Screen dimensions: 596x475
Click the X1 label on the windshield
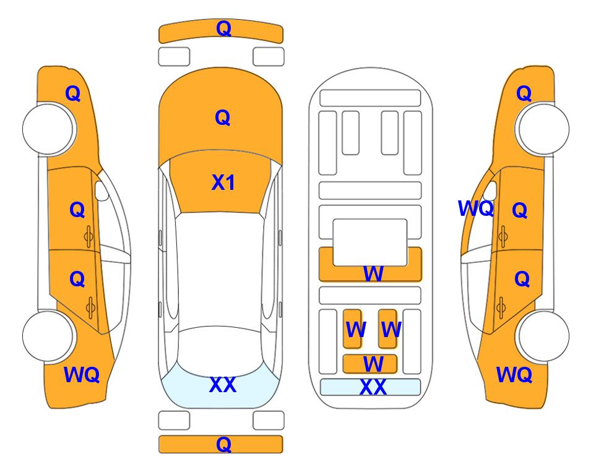[x=223, y=182]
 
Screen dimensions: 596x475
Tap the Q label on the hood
[x=223, y=118]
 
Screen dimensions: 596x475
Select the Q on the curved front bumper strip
[x=224, y=28]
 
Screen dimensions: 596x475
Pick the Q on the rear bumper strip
[x=224, y=444]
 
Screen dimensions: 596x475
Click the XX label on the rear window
[x=223, y=385]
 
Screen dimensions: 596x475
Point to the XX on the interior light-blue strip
[x=373, y=387]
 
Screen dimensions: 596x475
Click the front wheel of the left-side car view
[x=48, y=129]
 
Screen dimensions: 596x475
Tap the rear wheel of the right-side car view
[x=543, y=336]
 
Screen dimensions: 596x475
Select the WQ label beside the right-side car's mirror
[x=476, y=208]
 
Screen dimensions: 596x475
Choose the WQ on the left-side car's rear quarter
[x=82, y=375]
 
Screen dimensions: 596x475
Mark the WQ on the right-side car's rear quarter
[x=514, y=375]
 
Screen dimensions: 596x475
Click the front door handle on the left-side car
[x=89, y=237]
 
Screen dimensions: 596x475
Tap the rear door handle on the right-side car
[x=501, y=308]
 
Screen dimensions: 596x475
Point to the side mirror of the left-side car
[x=101, y=190]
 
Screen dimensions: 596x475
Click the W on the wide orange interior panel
[x=373, y=273]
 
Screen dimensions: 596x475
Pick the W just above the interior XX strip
[x=373, y=364]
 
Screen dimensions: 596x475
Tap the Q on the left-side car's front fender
[x=73, y=93]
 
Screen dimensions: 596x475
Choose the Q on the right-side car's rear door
[x=522, y=280]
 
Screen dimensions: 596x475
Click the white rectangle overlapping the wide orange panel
[x=370, y=242]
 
